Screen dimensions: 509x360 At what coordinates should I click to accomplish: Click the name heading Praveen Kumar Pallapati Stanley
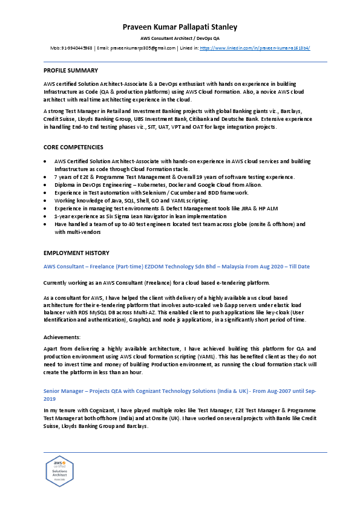pos(180,27)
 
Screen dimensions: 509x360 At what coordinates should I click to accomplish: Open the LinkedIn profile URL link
pos(255,47)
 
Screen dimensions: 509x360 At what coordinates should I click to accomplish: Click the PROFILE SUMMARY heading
pos(71,71)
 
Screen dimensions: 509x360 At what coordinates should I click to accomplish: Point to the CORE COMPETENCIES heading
pos(73,147)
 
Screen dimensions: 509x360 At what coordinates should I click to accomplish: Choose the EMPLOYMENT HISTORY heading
pos(76,253)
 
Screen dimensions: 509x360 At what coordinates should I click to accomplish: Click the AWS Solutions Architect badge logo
pos(59,472)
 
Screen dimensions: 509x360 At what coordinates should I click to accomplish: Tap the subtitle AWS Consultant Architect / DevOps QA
pos(180,38)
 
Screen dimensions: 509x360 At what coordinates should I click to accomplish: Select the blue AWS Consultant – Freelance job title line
pos(177,267)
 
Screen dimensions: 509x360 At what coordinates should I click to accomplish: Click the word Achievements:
pos(61,336)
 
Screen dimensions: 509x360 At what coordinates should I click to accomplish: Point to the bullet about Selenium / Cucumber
pos(151,192)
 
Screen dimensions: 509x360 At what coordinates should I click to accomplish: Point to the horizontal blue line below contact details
pos(185,62)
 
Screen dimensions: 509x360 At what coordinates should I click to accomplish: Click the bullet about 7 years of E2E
pos(174,177)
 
